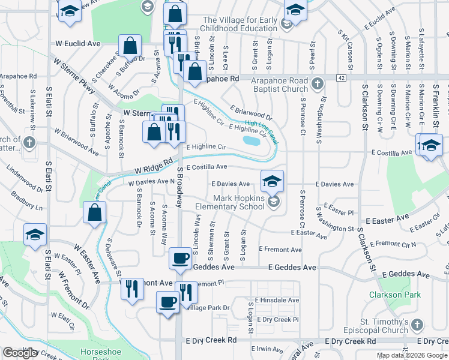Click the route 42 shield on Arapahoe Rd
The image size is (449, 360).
click(341, 78)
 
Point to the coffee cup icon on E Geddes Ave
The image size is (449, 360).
click(180, 259)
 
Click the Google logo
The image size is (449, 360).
click(20, 353)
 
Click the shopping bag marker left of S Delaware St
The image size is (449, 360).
click(95, 212)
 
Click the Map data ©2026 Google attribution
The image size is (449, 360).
click(412, 355)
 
